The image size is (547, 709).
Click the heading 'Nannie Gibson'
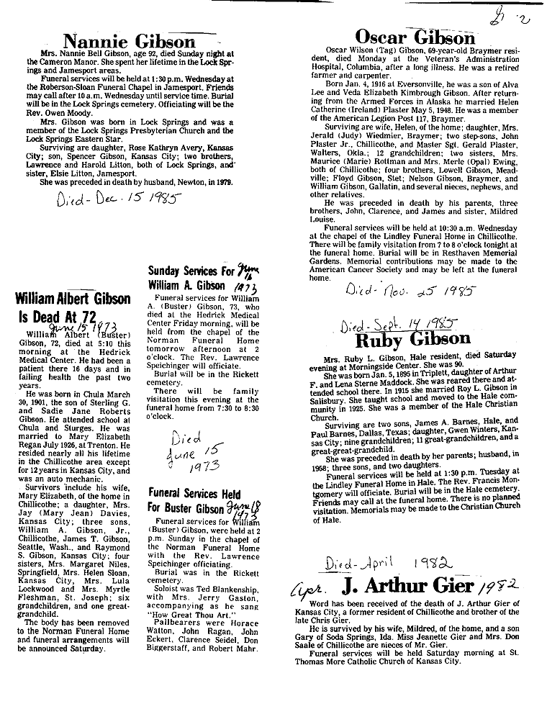point(129,42)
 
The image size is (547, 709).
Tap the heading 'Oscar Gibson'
point(416,37)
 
